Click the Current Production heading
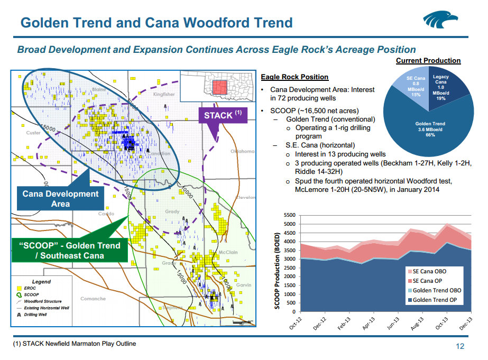pyautogui.click(x=428, y=61)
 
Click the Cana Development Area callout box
pyautogui.click(x=61, y=198)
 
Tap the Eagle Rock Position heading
pyautogui.click(x=294, y=77)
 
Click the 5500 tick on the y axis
pyautogui.click(x=289, y=216)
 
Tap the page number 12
pyautogui.click(x=459, y=347)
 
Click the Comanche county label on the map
pyautogui.click(x=93, y=299)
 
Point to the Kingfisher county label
pyautogui.click(x=163, y=94)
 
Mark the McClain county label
pyautogui.click(x=228, y=252)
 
